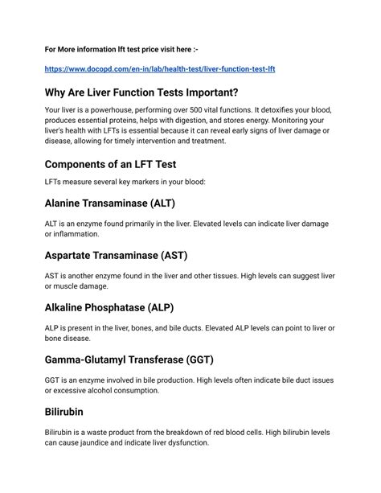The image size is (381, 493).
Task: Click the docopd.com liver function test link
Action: tap(160, 70)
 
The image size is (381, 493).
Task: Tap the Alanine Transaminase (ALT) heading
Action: tap(109, 203)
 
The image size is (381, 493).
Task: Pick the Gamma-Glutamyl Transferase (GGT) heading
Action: tap(140, 359)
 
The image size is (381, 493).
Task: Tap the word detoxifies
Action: tap(287, 110)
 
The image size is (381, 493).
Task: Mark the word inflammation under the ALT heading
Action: tap(77, 234)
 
